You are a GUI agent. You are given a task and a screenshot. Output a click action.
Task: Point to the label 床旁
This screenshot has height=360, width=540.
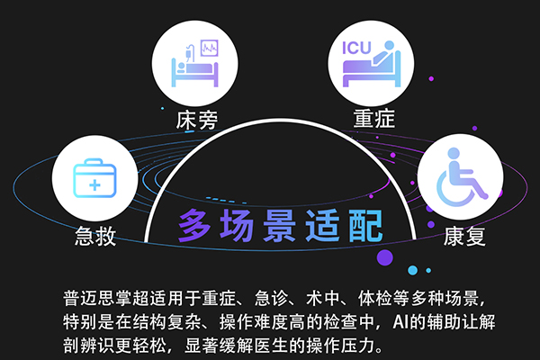pyautogui.click(x=197, y=118)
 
